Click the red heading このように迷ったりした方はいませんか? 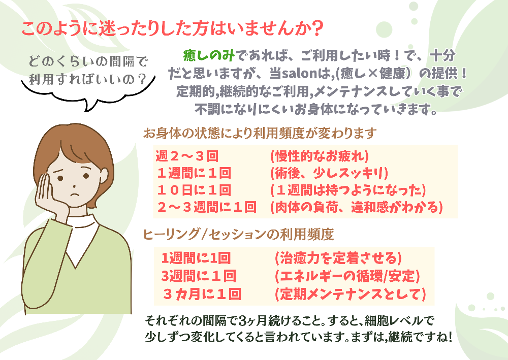[172, 28]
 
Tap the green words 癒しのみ [209, 56]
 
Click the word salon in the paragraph [299, 74]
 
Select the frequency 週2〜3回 [187, 156]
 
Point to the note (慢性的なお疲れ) [319, 156]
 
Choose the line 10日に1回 [194, 190]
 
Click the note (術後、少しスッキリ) [329, 173]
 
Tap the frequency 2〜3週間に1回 [207, 207]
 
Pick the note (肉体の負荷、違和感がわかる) [357, 207]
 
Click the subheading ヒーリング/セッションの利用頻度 [238, 234]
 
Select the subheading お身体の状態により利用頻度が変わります [260, 133]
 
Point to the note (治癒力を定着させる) [338, 258]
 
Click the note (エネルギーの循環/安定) [347, 276]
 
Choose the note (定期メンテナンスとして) [350, 294]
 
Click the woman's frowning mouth [75, 195]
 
